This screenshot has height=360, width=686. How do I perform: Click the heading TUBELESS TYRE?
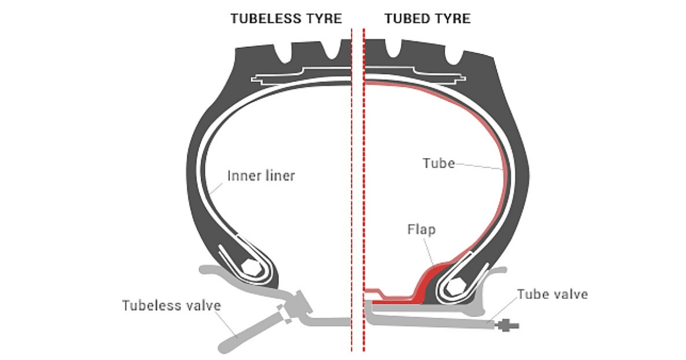pyautogui.click(x=286, y=18)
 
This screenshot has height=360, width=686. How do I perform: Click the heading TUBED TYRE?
pyautogui.click(x=428, y=18)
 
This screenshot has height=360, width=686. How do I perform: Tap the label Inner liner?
pyautogui.click(x=261, y=175)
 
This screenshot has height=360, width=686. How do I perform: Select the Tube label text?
pyautogui.click(x=438, y=163)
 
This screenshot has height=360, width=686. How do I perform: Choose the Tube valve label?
pyautogui.click(x=552, y=294)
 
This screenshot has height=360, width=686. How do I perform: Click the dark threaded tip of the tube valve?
pyautogui.click(x=508, y=326)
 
